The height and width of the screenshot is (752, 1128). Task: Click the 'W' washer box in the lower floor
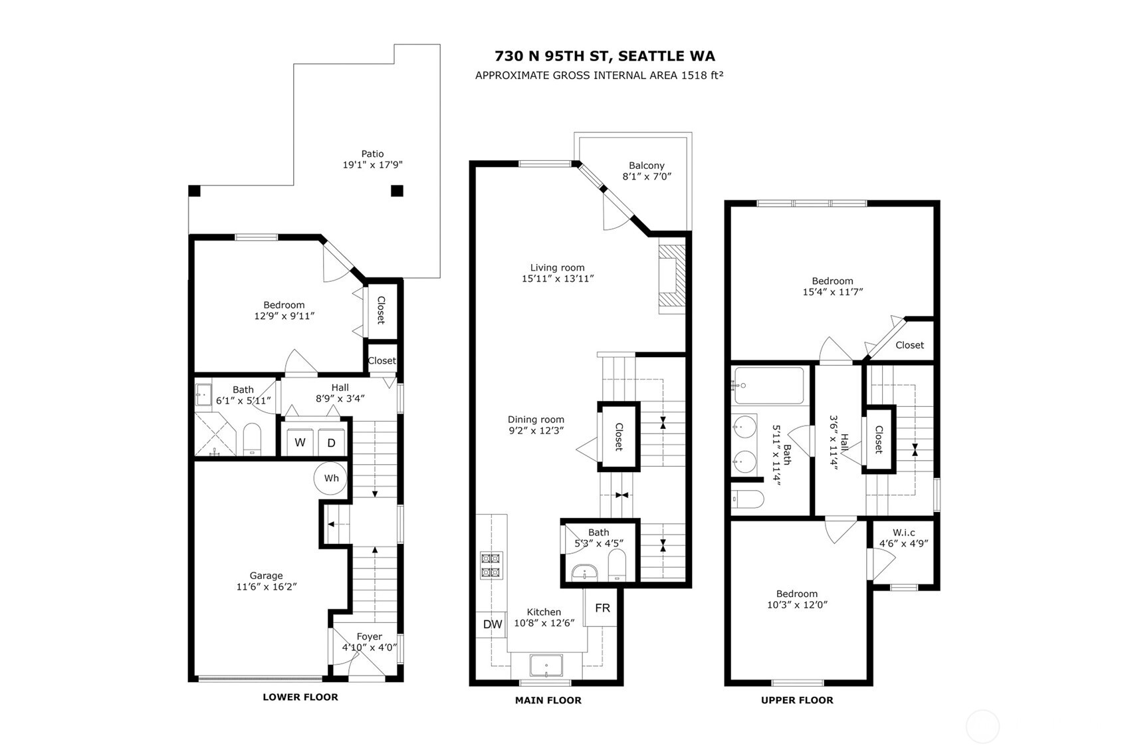point(300,443)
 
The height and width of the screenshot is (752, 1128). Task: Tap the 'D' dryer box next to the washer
point(331,443)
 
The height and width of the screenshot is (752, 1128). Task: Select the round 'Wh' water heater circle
point(331,478)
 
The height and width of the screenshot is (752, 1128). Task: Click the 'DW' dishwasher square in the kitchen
point(493,624)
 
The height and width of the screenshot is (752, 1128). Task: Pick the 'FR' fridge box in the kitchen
point(602,608)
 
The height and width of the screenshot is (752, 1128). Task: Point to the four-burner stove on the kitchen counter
point(491,565)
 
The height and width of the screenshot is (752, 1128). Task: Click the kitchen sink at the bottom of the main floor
point(546,666)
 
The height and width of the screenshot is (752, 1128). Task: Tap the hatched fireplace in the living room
point(671,277)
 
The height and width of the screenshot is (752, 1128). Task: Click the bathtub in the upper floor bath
point(768,385)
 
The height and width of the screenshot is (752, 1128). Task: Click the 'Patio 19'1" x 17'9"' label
point(372,160)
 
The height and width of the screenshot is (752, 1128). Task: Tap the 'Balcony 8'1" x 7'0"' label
point(647,171)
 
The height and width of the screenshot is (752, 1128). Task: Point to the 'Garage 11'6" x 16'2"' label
point(266,581)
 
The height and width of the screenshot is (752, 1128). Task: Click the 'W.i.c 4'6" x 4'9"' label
point(903,537)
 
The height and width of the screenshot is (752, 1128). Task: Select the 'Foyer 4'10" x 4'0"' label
point(369,642)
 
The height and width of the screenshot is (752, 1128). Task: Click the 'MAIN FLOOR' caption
point(548,700)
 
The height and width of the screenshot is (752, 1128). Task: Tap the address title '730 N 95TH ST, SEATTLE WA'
point(605,57)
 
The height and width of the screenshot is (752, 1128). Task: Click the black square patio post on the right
point(397,191)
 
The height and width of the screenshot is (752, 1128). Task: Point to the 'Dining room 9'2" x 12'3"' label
point(536,425)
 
